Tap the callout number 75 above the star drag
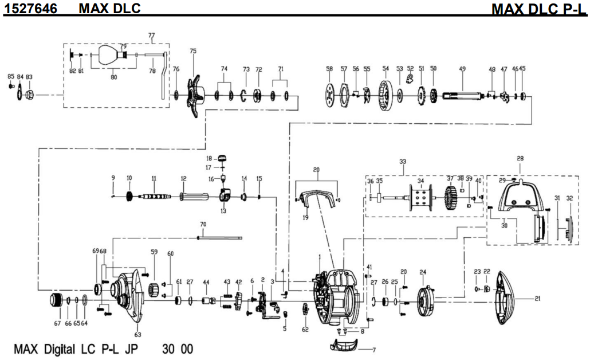pyautogui.click(x=192, y=51)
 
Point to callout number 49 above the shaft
pyautogui.click(x=462, y=69)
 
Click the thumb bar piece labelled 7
pyautogui.click(x=345, y=345)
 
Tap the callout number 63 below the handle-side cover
pyautogui.click(x=137, y=334)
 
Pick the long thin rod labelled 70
pyautogui.click(x=221, y=237)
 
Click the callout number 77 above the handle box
pyautogui.click(x=151, y=36)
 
